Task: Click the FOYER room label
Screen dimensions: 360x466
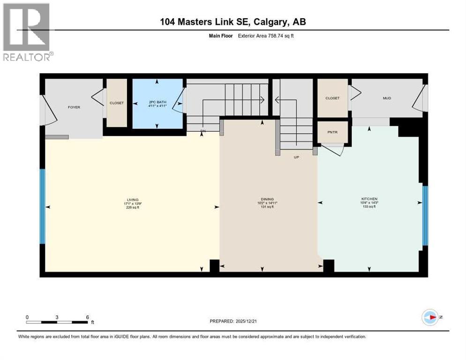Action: click(74, 107)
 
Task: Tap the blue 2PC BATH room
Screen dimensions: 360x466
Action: click(157, 104)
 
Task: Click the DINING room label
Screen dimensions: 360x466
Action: click(268, 199)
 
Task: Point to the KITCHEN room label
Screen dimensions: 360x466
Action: click(369, 199)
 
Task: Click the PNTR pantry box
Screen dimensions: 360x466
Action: click(332, 132)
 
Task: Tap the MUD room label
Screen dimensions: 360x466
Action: click(387, 98)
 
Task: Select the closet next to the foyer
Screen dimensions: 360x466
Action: click(117, 103)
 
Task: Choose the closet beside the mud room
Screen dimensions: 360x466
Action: click(332, 98)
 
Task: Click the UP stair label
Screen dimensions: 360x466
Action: click(296, 157)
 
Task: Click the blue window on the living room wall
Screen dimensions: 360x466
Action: click(42, 206)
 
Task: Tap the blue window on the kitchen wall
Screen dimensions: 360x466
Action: click(425, 216)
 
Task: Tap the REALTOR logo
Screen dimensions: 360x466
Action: click(27, 32)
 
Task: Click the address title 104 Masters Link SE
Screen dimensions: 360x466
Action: click(233, 22)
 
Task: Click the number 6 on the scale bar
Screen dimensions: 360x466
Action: click(87, 317)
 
